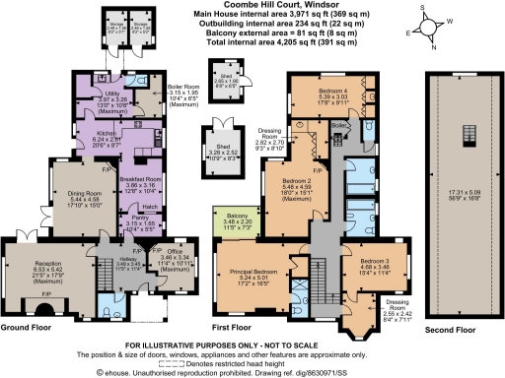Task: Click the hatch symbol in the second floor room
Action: tap(464, 136)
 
